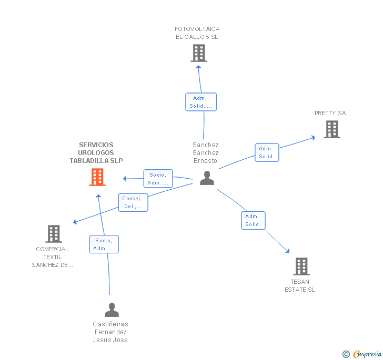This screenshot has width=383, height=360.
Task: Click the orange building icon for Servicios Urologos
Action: [97, 177]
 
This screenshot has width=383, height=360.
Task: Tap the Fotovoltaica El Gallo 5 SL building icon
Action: [198, 53]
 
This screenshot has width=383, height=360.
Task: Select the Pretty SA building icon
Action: [331, 129]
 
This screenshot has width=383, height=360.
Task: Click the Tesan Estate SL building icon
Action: [301, 266]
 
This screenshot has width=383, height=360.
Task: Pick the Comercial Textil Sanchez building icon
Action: [54, 234]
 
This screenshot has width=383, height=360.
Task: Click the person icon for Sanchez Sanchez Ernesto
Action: [207, 178]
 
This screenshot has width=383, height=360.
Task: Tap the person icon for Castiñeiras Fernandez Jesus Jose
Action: [112, 310]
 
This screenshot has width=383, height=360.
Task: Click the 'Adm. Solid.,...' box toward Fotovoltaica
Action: [201, 102]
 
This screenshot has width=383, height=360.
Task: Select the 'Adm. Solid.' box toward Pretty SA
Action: [267, 152]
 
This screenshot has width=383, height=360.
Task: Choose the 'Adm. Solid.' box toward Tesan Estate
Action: [253, 220]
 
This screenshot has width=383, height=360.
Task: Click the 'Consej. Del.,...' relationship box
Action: [133, 202]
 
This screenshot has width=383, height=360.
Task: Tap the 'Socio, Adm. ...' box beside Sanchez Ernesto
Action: [158, 179]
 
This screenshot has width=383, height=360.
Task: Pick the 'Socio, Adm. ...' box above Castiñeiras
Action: [104, 244]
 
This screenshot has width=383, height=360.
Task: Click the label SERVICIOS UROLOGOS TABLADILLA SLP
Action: [96, 153]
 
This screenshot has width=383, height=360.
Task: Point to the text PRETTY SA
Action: [330, 113]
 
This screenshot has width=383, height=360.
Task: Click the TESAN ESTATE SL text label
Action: [300, 286]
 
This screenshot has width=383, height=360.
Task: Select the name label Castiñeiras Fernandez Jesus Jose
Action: [110, 332]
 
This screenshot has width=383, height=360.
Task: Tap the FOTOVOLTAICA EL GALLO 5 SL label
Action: [197, 33]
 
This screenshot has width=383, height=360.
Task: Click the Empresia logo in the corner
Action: [362, 354]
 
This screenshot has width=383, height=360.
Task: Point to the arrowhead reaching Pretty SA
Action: [314, 137]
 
